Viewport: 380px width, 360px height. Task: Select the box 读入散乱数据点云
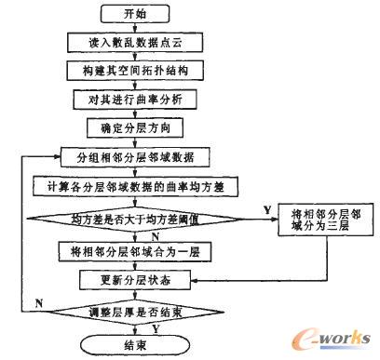pos(136,43)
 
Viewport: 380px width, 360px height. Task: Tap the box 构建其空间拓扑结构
pos(136,70)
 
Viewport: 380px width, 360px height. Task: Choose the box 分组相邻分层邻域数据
pos(136,157)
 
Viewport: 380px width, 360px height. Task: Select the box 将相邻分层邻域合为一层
pos(136,251)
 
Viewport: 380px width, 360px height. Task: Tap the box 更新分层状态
pos(136,278)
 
